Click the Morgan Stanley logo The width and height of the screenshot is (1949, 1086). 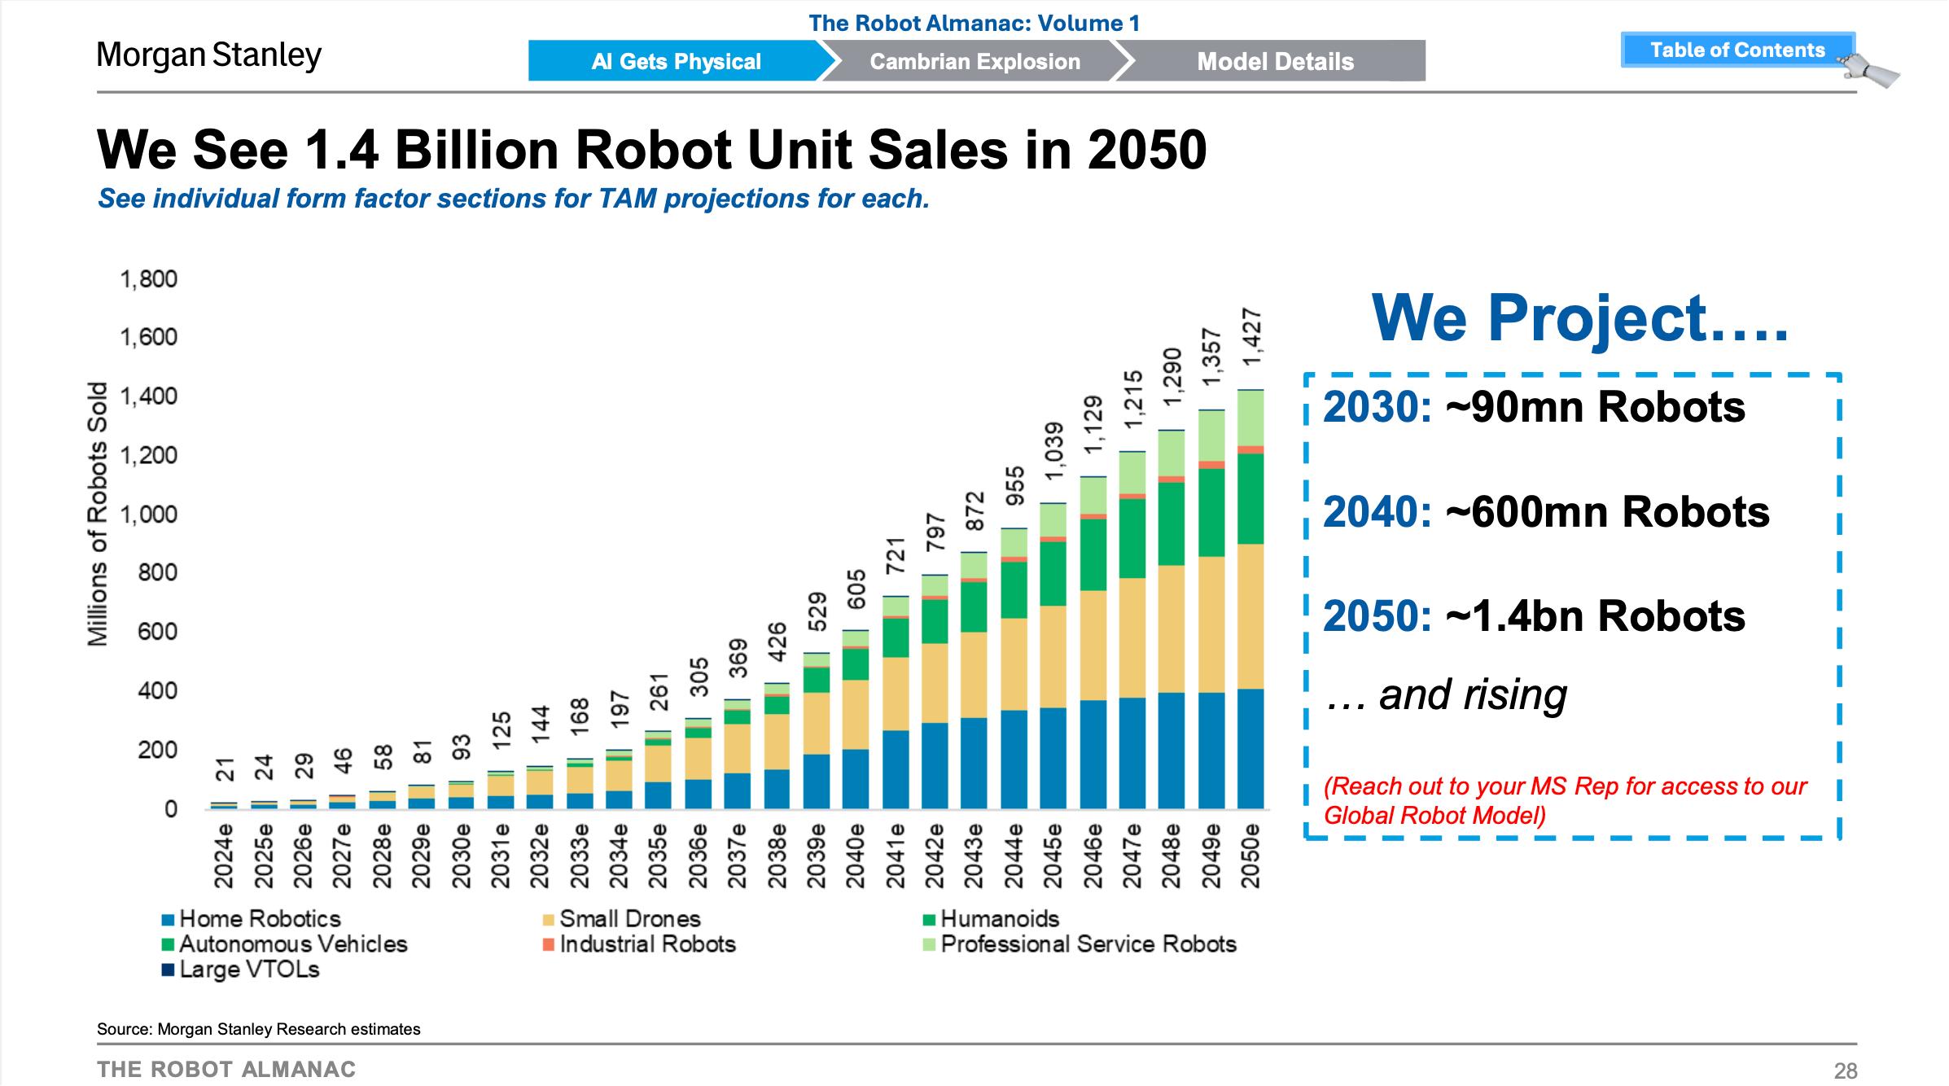pyautogui.click(x=209, y=55)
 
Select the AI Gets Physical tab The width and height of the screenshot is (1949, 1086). pyautogui.click(x=676, y=62)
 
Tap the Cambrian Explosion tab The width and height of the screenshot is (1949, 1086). pyautogui.click(x=974, y=62)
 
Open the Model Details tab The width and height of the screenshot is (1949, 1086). pyautogui.click(x=1275, y=62)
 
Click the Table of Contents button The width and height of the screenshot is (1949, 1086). pyautogui.click(x=1737, y=50)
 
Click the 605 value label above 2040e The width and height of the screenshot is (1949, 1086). pyautogui.click(x=856, y=589)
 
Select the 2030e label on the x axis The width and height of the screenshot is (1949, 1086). pyautogui.click(x=461, y=854)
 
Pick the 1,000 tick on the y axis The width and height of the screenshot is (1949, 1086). pyautogui.click(x=148, y=515)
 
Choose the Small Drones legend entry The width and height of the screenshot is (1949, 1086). pyautogui.click(x=629, y=919)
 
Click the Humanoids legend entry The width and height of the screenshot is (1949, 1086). pyautogui.click(x=999, y=919)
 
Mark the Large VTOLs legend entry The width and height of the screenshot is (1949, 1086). pyautogui.click(x=248, y=970)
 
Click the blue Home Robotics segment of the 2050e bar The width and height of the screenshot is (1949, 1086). pyautogui.click(x=1250, y=749)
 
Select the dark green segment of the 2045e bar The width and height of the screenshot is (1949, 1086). pyautogui.click(x=1053, y=574)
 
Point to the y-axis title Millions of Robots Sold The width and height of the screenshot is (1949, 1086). pyautogui.click(x=98, y=514)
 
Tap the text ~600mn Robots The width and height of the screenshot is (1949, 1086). pyautogui.click(x=1607, y=512)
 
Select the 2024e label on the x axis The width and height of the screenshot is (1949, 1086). pyautogui.click(x=224, y=854)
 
